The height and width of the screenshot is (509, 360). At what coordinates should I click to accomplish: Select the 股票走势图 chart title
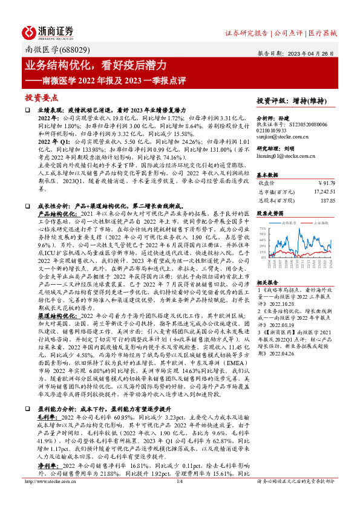point(271,213)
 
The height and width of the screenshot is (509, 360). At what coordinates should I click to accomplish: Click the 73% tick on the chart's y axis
point(262,229)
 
